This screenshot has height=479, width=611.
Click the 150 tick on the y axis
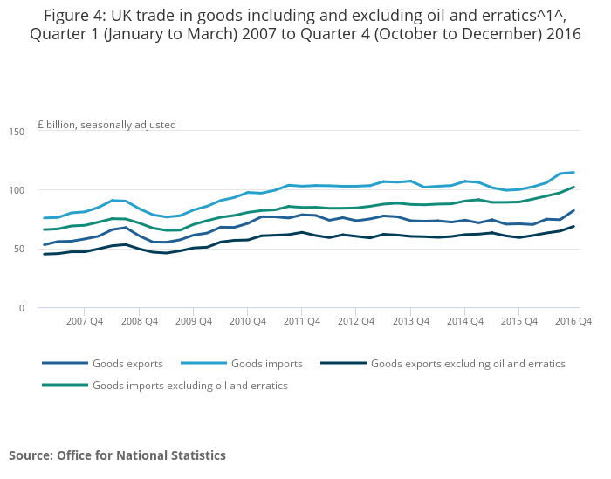pos(17,132)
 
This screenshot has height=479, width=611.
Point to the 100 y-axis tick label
pos(17,190)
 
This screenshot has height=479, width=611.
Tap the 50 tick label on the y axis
pos(19,250)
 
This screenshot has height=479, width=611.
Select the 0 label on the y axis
pos(22,308)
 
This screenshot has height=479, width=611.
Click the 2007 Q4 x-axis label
pos(85,321)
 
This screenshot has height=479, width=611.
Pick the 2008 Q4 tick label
pos(139,321)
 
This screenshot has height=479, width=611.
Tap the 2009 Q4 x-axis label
pos(193,321)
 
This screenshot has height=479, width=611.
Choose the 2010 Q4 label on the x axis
pos(247,321)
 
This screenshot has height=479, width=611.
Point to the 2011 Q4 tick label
pos(301,321)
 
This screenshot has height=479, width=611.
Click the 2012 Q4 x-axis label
pos(356,321)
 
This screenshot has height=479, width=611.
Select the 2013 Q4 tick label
pos(410,321)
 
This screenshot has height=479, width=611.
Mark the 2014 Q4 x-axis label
pos(464,321)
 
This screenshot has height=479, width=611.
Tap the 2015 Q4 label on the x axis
pos(518,321)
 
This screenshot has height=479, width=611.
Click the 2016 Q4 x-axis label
pos(573,321)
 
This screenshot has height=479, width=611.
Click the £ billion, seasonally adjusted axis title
pos(106,125)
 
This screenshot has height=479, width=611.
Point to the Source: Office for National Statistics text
pos(117,455)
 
